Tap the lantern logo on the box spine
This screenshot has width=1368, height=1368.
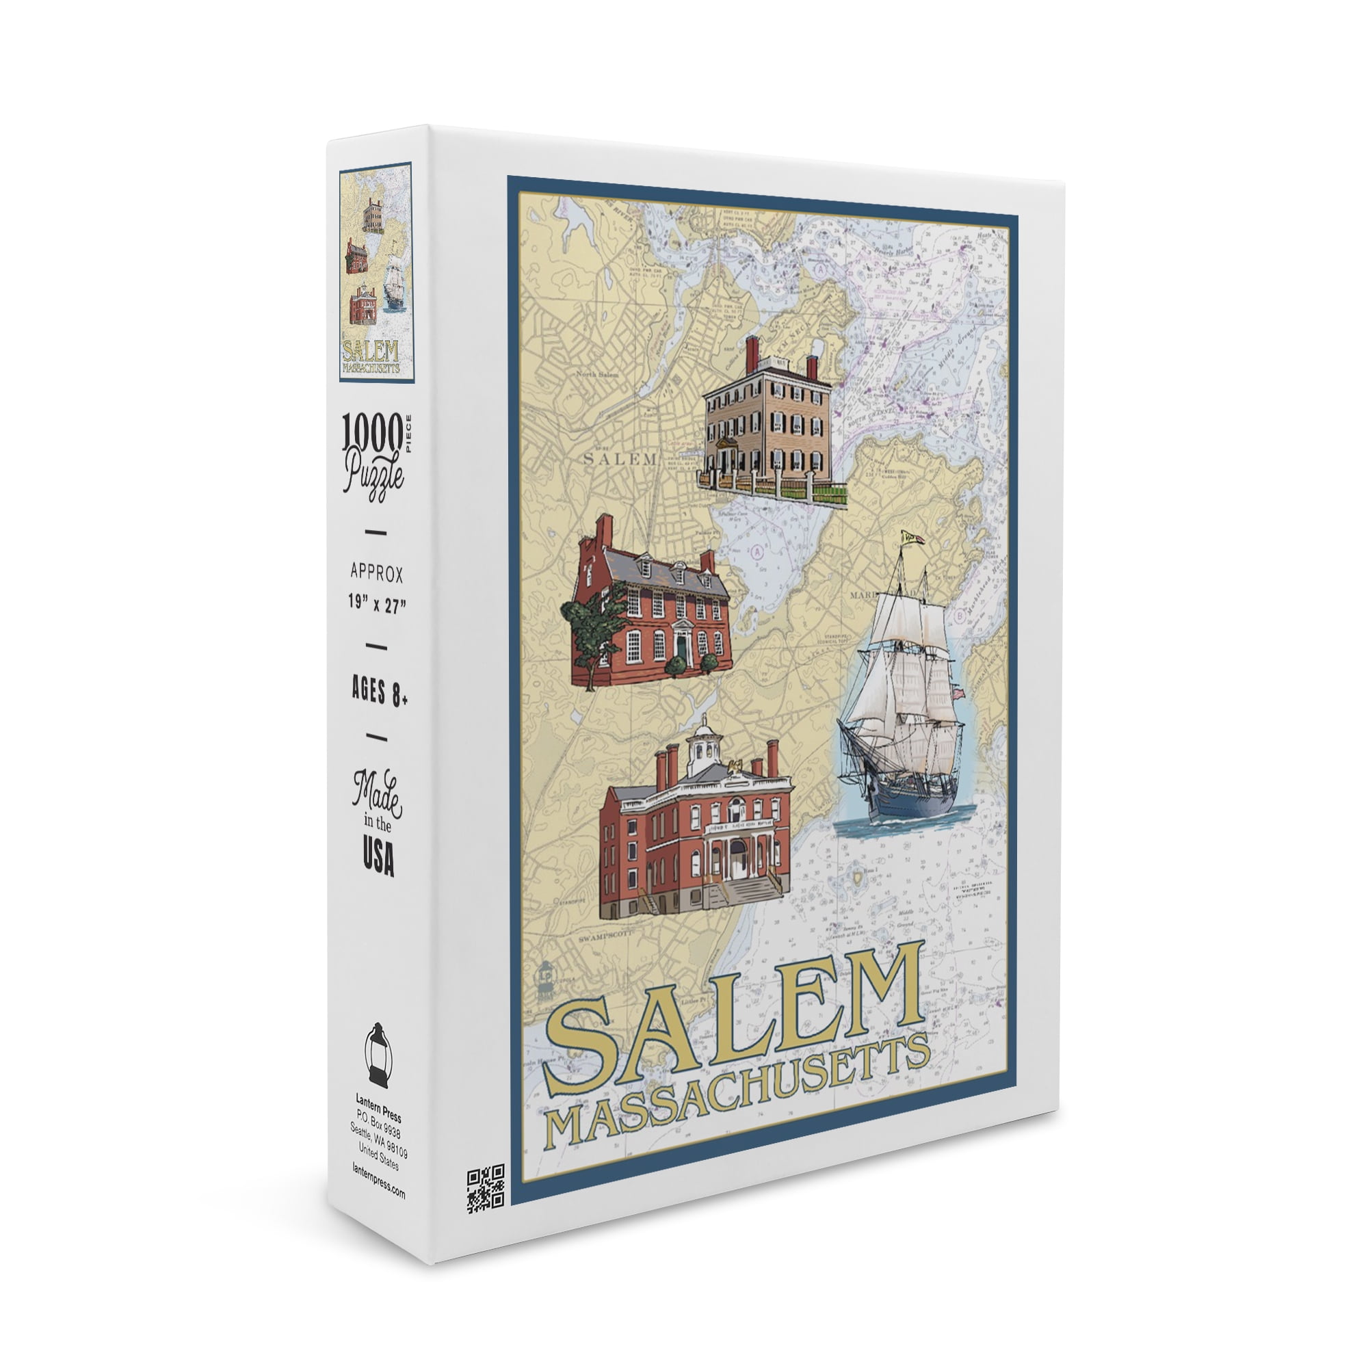point(380,1064)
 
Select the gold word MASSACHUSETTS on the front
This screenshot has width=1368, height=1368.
point(737,1094)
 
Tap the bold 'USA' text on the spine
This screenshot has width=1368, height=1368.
point(378,858)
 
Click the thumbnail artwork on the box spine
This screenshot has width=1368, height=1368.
point(376,273)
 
